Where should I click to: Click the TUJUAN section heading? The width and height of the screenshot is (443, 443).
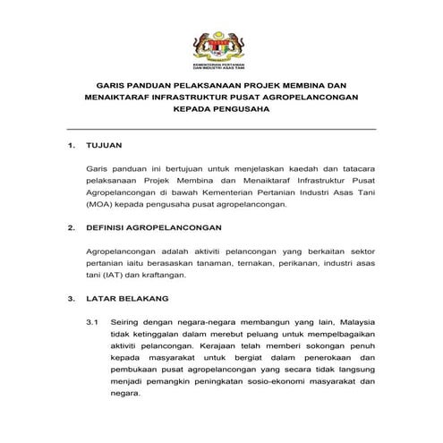[x=104, y=144]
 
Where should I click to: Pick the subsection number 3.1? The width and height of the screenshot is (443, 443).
[x=91, y=320]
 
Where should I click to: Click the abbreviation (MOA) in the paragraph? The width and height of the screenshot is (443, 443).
[x=100, y=204]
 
